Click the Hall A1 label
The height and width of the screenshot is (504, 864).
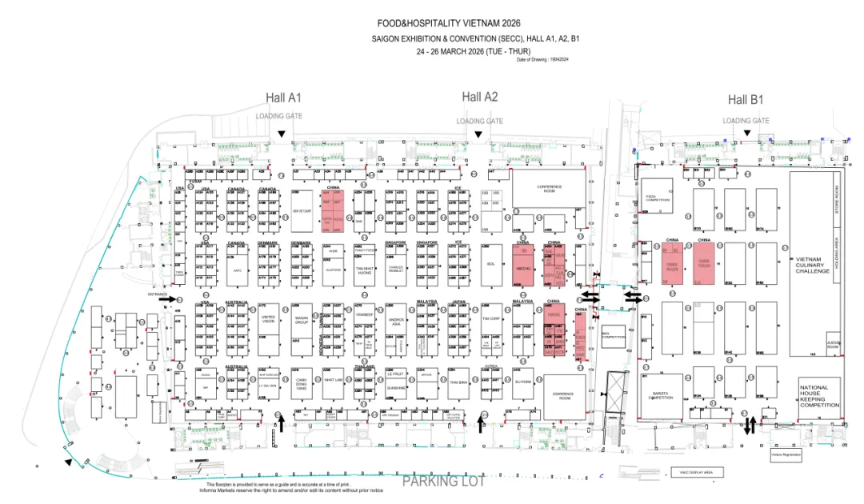click(283, 98)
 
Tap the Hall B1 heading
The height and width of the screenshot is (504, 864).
click(746, 100)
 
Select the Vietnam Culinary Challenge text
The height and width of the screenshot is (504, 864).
click(813, 265)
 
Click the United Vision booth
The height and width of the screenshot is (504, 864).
click(268, 320)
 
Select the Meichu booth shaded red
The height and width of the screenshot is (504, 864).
click(524, 269)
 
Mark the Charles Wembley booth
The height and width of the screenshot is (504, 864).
click(397, 268)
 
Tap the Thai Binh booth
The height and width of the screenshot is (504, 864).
click(458, 382)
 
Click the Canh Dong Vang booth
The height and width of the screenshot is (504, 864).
click(302, 383)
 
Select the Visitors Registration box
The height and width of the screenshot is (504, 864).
click(786, 454)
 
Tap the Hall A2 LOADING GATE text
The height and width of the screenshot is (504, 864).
click(480, 121)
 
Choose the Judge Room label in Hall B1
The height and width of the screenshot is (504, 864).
click(833, 346)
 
